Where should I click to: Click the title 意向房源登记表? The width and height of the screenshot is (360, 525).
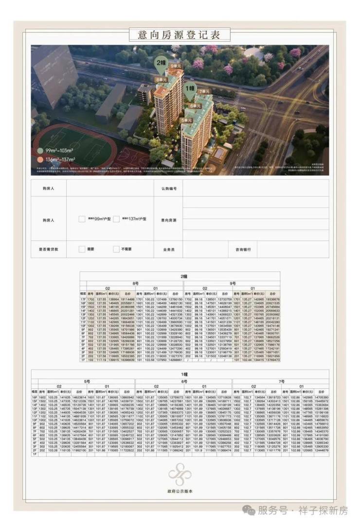point(180,35)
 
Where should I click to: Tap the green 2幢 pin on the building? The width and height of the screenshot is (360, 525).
point(161,63)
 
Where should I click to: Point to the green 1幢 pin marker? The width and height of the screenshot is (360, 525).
point(190,89)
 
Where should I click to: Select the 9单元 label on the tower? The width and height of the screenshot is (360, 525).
point(176,66)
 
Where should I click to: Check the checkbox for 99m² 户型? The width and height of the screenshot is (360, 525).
point(82,219)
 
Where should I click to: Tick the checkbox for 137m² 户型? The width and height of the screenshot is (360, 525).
point(116,219)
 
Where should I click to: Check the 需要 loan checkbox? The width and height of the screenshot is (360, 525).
point(82,249)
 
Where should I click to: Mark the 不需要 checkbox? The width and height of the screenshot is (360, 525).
point(116,249)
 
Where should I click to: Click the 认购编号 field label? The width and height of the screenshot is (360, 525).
point(169,188)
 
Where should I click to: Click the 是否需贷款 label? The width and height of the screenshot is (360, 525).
point(49,249)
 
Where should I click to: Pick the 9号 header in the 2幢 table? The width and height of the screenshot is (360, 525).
point(233,283)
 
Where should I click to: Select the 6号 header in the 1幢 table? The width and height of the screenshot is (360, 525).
point(183,381)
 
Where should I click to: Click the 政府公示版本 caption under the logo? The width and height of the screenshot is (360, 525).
point(180,492)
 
